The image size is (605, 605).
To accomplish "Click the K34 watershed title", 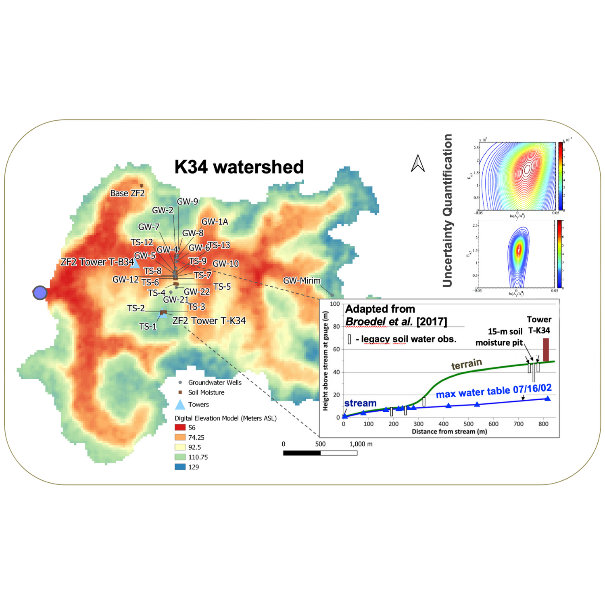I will (x=239, y=167).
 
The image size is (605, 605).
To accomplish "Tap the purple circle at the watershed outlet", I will (x=40, y=293).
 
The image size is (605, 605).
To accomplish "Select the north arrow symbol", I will (x=418, y=164).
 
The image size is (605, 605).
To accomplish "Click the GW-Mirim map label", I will (x=302, y=281).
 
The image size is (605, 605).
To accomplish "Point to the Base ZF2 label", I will (x=127, y=193).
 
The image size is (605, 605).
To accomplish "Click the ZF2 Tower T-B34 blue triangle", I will (x=135, y=264).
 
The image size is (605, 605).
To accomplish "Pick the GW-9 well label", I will (x=188, y=202).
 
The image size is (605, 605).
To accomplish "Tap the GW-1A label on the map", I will (x=215, y=222).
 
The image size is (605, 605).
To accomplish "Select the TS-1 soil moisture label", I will (x=148, y=326).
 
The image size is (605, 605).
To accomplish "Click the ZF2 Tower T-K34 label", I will (x=209, y=321).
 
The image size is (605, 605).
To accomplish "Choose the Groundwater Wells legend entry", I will (x=215, y=382).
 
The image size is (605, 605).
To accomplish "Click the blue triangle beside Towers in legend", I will (x=180, y=405).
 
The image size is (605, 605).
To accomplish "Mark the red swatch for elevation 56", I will (x=180, y=428).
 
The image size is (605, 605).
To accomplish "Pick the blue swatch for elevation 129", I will (x=180, y=467).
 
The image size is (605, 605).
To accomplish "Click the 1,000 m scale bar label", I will (x=361, y=444).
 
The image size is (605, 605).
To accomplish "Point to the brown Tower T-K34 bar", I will (x=546, y=350).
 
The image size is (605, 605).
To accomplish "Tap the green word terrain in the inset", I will (x=466, y=364).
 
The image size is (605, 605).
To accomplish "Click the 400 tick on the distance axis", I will (x=444, y=424).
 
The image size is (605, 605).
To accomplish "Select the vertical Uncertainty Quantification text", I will (x=447, y=211).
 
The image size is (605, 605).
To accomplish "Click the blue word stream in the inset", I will (x=360, y=403).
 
